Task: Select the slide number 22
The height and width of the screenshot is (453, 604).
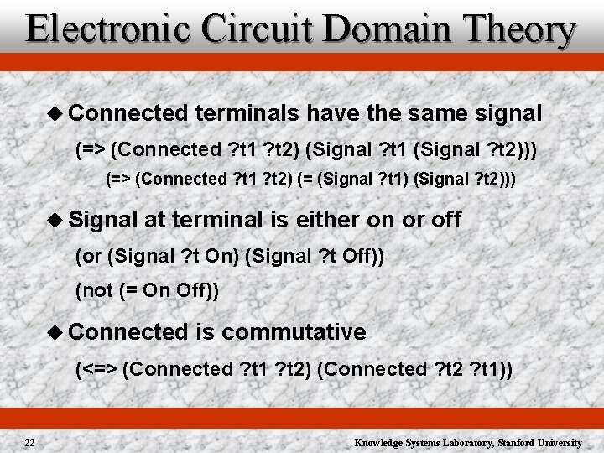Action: [29, 442]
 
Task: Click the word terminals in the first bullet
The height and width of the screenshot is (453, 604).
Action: [248, 112]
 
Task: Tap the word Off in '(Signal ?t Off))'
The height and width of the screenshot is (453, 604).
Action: [357, 255]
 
